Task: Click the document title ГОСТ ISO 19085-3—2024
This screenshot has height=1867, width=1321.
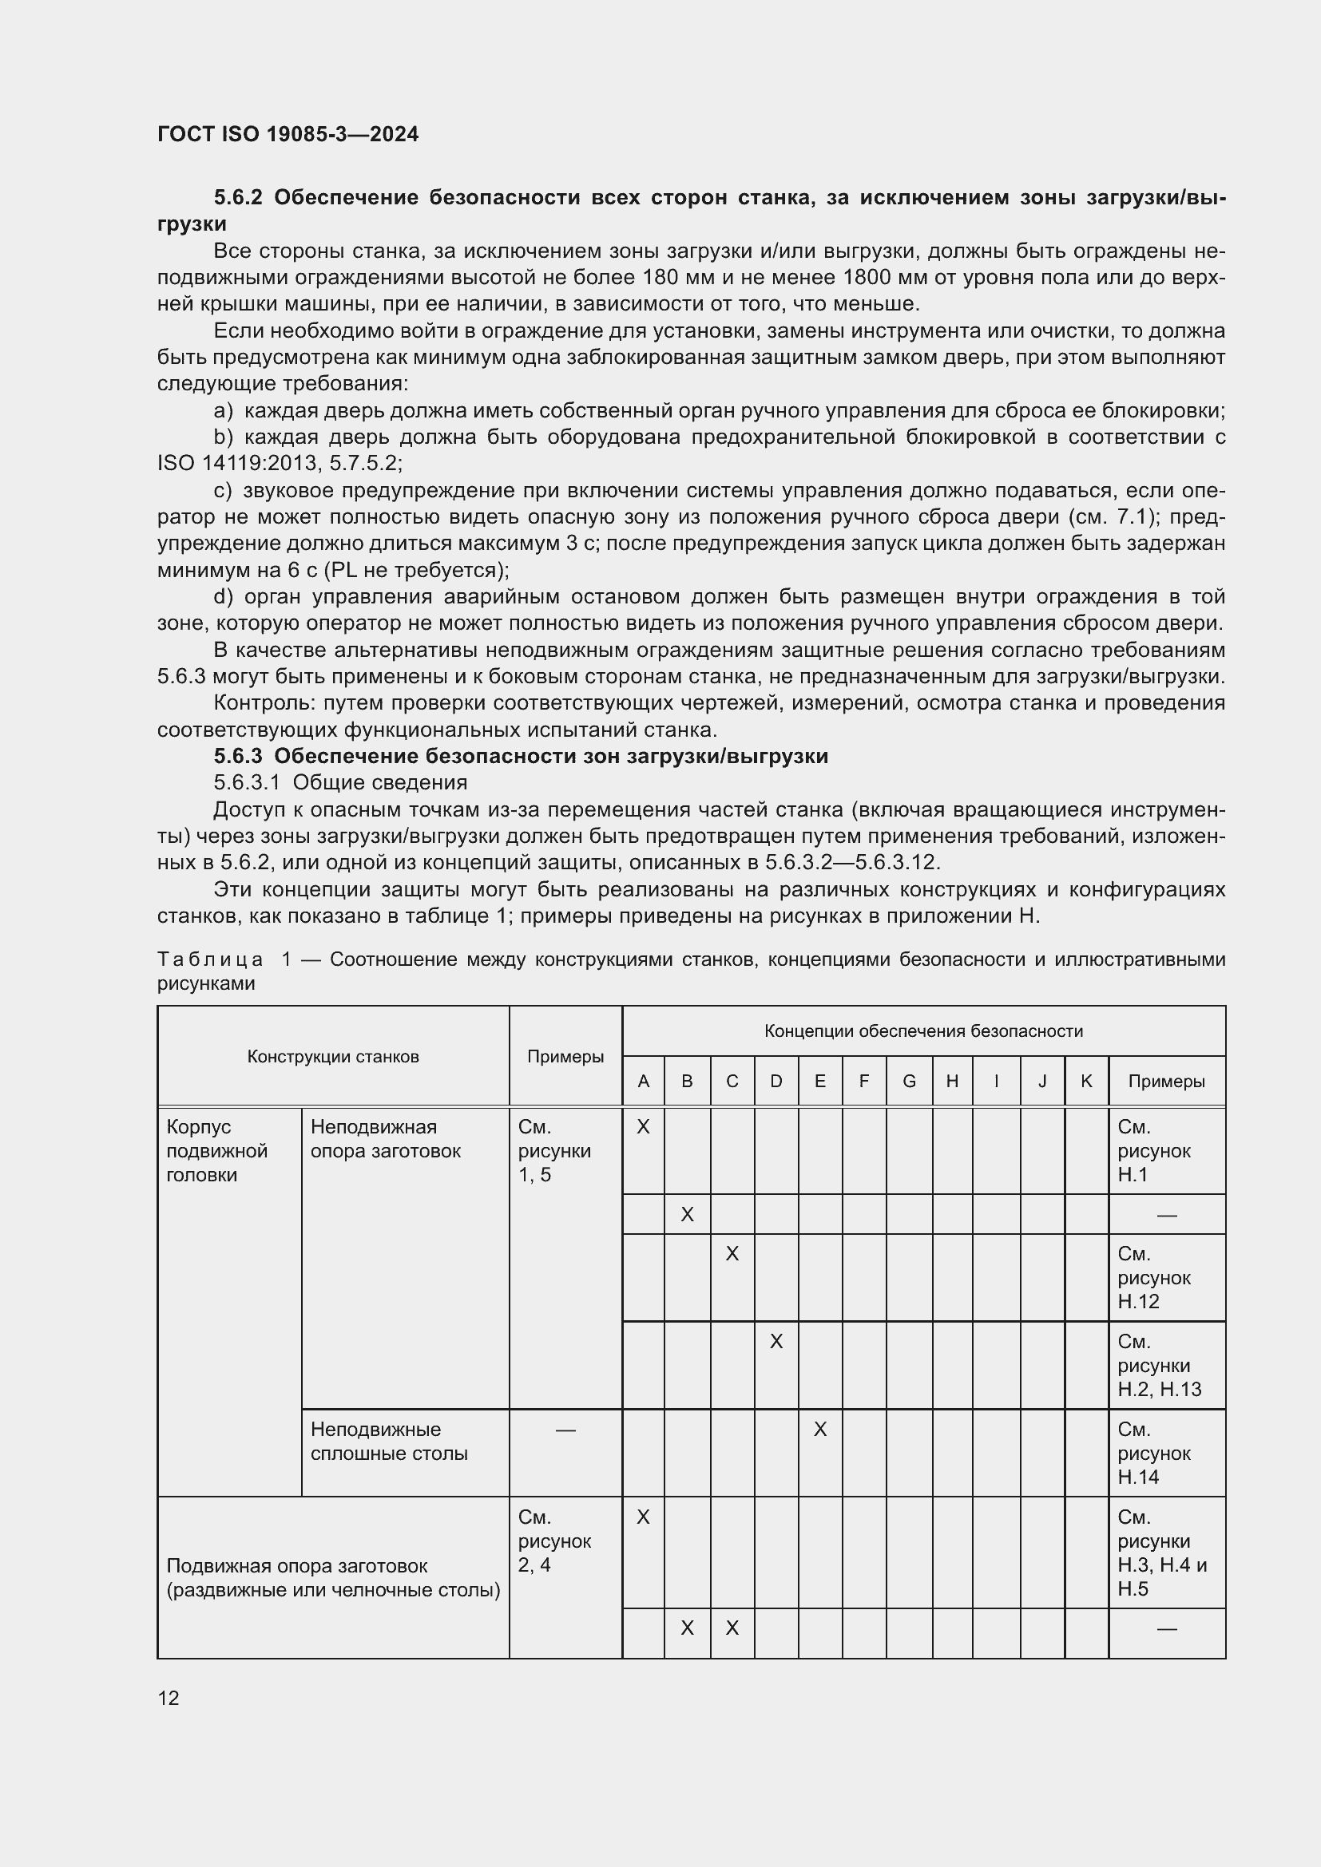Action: coord(288,134)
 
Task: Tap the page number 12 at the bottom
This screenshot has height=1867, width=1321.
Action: coord(169,1698)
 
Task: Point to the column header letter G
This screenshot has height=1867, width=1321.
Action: coord(910,1082)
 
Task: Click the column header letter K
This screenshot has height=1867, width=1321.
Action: coord(1086,1082)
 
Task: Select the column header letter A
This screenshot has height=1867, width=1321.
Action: coord(644,1082)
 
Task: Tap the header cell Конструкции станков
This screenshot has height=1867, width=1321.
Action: coord(333,1056)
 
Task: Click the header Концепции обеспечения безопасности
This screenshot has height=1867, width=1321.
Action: coord(923,1031)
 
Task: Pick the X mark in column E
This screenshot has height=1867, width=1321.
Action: coord(820,1429)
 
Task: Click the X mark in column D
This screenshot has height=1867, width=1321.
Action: coord(776,1341)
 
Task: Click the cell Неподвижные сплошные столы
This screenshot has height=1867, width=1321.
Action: coord(389,1441)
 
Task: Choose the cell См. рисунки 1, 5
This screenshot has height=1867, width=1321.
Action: coord(554,1151)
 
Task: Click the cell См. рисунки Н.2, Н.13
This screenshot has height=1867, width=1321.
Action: coord(1158,1365)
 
